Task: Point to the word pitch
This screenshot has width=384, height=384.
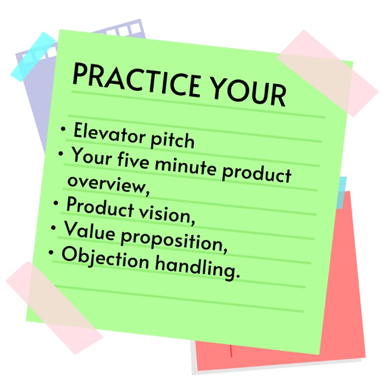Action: [x=173, y=140]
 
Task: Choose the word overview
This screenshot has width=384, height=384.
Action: [x=108, y=185]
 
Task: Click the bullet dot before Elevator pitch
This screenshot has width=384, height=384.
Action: [x=63, y=128]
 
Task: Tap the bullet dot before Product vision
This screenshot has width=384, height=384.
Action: [x=56, y=203]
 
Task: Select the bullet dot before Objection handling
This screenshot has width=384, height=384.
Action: [x=51, y=252]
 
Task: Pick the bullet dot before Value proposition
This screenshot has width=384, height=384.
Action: [x=54, y=228]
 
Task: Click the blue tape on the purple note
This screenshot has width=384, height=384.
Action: [x=33, y=57]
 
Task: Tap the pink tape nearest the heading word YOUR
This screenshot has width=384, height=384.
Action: [x=327, y=73]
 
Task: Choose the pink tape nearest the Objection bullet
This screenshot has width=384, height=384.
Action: [x=54, y=308]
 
